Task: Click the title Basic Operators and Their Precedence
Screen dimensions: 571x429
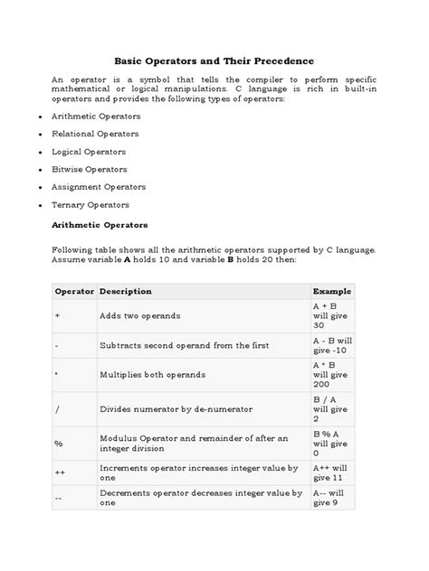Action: tap(214, 61)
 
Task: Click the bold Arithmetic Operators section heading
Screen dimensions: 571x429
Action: tap(100, 223)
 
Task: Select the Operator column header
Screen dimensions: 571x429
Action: tap(74, 291)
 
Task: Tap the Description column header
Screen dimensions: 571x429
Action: tap(126, 291)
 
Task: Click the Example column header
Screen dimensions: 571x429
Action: tap(332, 291)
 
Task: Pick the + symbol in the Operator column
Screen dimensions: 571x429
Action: tap(57, 315)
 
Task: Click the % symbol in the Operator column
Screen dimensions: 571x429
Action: tap(59, 443)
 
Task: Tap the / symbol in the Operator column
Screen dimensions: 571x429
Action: tap(57, 409)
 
